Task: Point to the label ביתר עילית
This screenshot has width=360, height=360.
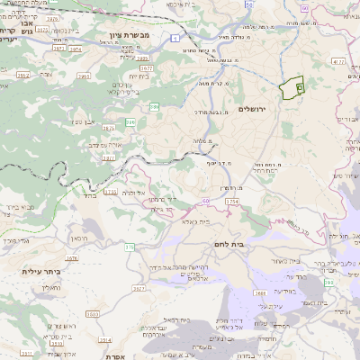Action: pos(44,270)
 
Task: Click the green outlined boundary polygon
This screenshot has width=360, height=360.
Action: pos(290,89)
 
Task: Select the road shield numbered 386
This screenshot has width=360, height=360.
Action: pos(131,121)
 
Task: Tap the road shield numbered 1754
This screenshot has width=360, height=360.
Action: pos(232,202)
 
